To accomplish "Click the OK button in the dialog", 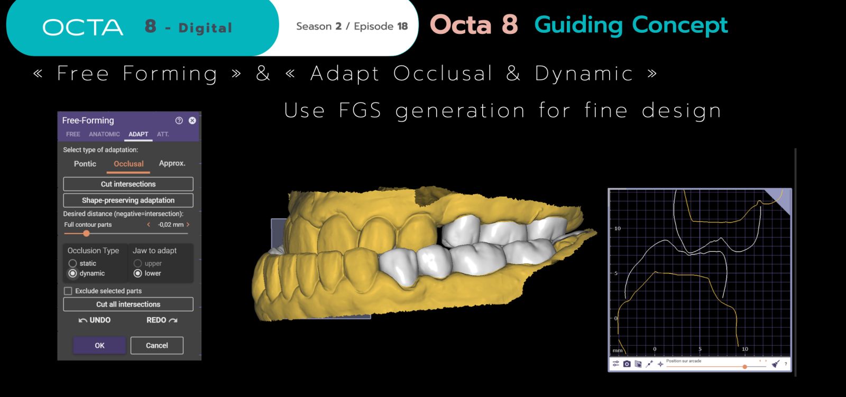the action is tap(99, 345).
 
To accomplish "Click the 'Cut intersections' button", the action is tap(128, 184).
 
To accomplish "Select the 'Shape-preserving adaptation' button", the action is tap(128, 200).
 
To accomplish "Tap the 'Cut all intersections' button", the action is tap(128, 304).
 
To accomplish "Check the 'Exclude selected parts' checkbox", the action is tap(68, 291).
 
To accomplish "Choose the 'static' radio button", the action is tap(72, 263).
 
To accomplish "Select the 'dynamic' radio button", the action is tap(72, 273).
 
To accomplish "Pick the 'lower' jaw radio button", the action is tap(138, 273).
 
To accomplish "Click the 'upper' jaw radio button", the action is tap(138, 263).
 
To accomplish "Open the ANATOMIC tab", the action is tap(104, 134).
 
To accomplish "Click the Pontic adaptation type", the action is tap(85, 163).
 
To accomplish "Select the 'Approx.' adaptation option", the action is tap(172, 163).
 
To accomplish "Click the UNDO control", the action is tap(95, 320).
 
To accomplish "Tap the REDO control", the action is tap(162, 320).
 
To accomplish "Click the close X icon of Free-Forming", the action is tap(192, 121).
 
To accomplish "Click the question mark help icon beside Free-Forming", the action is tap(179, 121).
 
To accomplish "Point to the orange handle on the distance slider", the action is tap(87, 234).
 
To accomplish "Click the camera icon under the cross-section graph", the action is tap(627, 364).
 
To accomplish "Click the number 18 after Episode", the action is tap(402, 26).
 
